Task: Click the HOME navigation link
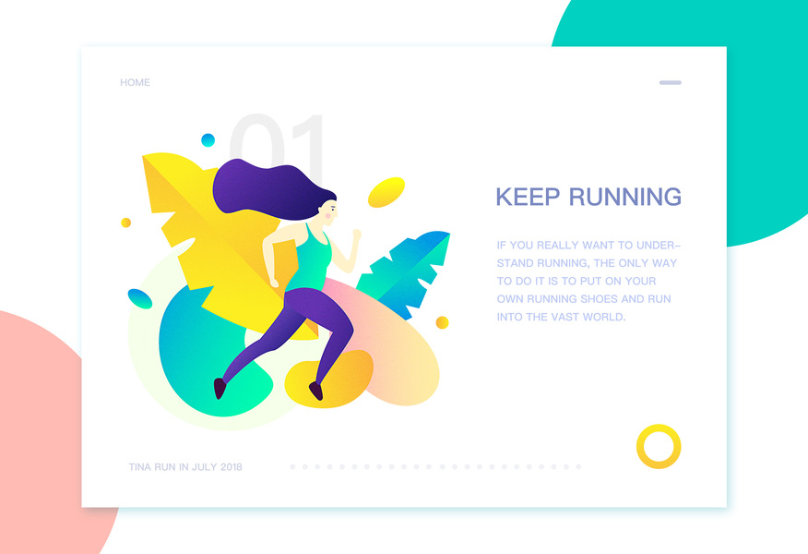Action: pos(135,82)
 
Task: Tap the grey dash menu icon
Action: pos(670,82)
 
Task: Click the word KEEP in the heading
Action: pos(528,197)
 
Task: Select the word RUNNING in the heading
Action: pos(625,197)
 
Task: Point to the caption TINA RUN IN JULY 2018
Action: pos(185,467)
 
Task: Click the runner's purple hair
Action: pos(268,188)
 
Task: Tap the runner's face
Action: pos(328,213)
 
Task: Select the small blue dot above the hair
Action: pos(208,139)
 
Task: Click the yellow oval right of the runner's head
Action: pos(386,192)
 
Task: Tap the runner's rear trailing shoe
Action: pos(220,389)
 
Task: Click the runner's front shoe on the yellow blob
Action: pos(316,391)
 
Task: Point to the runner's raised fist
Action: pos(356,235)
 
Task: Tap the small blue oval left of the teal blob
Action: pos(139,298)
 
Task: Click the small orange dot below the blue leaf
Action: pos(442,322)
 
